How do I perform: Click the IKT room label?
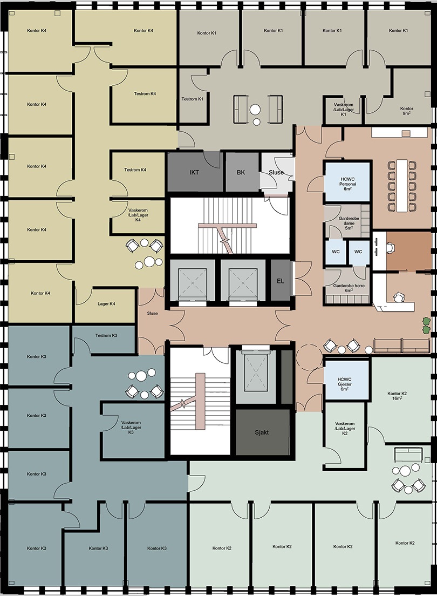pyautogui.click(x=194, y=172)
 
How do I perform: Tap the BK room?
pyautogui.click(x=241, y=172)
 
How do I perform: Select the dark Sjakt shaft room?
pyautogui.click(x=262, y=432)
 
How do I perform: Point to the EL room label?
pyautogui.click(x=281, y=281)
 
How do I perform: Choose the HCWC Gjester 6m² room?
pyautogui.click(x=346, y=379)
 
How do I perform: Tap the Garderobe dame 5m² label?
pyautogui.click(x=349, y=223)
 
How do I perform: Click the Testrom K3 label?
pyautogui.click(x=106, y=336)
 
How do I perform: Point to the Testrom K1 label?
pyautogui.click(x=192, y=99)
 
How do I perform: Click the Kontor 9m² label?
pyautogui.click(x=406, y=111)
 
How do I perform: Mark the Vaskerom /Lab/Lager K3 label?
pyautogui.click(x=131, y=427)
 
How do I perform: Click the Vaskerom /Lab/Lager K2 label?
pyautogui.click(x=345, y=429)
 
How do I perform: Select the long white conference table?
pyautogui.click(x=401, y=186)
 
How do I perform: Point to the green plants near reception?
pyautogui.click(x=427, y=325)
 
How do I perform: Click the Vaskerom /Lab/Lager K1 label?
pyautogui.click(x=344, y=110)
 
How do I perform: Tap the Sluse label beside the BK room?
pyautogui.click(x=276, y=172)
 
